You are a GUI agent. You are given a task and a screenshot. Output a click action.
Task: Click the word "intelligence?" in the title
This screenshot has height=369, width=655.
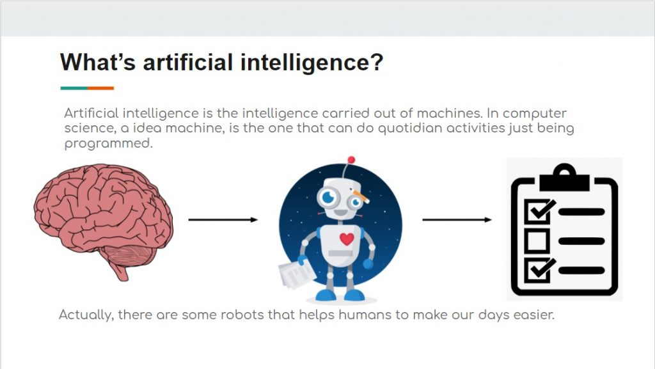click(x=312, y=63)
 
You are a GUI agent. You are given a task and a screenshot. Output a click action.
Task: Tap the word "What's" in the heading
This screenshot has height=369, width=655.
click(x=98, y=62)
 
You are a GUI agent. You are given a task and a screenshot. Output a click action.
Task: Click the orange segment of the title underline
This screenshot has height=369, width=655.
click(x=100, y=88)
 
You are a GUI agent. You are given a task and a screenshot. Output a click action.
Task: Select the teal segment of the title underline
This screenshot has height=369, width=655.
click(x=74, y=88)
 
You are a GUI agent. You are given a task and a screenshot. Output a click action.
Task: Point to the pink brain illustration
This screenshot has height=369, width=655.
click(x=103, y=219)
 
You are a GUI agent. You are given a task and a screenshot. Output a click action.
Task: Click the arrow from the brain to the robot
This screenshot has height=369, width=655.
click(x=223, y=219)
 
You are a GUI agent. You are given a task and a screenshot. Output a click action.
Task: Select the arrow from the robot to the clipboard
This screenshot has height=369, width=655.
click(x=457, y=219)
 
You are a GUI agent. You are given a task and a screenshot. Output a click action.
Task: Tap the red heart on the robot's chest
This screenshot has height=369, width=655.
click(x=347, y=239)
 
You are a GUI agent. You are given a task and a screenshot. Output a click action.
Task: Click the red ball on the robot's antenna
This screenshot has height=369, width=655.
click(x=351, y=160)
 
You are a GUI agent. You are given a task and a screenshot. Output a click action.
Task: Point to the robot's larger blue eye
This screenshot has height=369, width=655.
click(x=329, y=197)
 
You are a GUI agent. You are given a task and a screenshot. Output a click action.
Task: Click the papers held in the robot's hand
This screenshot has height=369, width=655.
click(x=297, y=274)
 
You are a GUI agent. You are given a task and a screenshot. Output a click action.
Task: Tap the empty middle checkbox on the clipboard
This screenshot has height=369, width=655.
click(x=537, y=240)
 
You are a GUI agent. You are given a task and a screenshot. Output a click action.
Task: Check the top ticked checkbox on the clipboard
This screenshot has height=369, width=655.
click(x=539, y=210)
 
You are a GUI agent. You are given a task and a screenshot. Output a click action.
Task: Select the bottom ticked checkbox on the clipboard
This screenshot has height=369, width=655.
click(x=539, y=269)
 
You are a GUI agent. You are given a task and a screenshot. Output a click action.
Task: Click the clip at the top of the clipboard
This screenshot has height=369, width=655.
click(x=564, y=177)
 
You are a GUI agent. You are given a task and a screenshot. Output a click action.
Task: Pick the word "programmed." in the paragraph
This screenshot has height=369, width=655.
click(x=108, y=144)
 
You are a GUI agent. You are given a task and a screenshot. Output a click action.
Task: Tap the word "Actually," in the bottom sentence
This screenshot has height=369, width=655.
click(x=86, y=315)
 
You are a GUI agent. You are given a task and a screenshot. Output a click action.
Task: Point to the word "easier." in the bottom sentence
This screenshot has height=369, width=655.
click(x=534, y=315)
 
